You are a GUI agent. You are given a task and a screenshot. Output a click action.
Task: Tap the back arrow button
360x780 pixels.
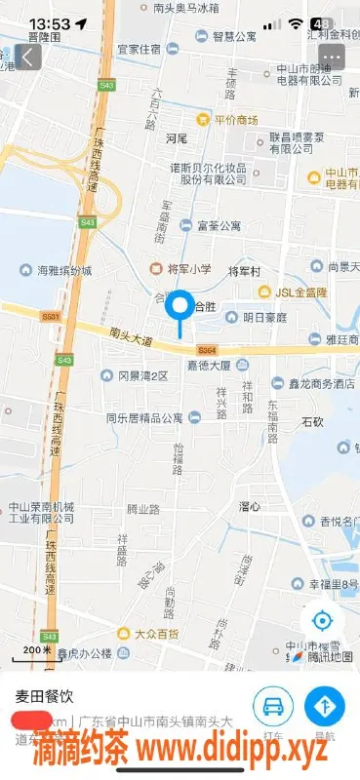28,57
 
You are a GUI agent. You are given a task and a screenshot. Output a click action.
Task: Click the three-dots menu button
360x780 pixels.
332,57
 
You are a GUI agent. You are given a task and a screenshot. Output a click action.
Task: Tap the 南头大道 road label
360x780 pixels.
132,339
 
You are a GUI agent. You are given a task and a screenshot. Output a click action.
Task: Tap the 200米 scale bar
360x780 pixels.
37,650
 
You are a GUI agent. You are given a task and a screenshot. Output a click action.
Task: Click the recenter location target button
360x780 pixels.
322,620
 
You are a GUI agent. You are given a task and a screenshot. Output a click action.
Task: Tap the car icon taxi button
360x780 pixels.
274,707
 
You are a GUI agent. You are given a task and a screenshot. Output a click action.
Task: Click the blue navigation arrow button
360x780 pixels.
325,707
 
